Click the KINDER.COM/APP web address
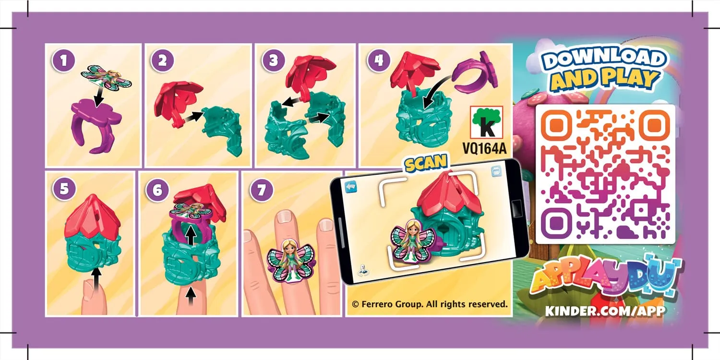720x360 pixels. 605,311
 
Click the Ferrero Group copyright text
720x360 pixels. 430,304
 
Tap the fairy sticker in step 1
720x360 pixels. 106,76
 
